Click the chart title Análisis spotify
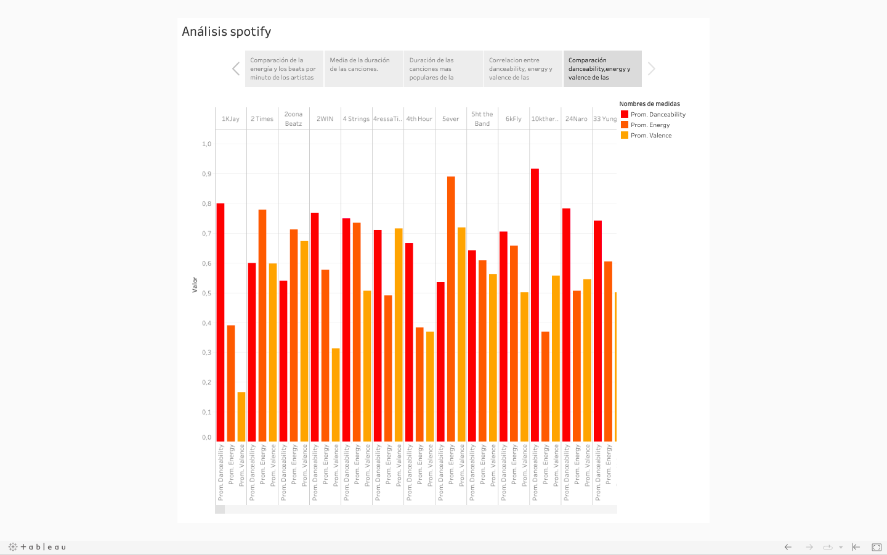pyautogui.click(x=226, y=31)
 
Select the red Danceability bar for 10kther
pyautogui.click(x=535, y=305)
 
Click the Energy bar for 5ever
pyautogui.click(x=451, y=308)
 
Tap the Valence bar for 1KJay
pyautogui.click(x=241, y=416)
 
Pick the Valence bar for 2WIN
pyautogui.click(x=336, y=395)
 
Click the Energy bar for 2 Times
pyautogui.click(x=262, y=325)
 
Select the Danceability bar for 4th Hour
pyautogui.click(x=409, y=342)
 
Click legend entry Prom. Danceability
pyautogui.click(x=657, y=115)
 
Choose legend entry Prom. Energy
pyautogui.click(x=649, y=125)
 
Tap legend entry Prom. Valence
pyautogui.click(x=650, y=136)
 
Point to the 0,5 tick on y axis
pyautogui.click(x=206, y=294)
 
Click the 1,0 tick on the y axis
pyautogui.click(x=206, y=144)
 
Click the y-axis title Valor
pyautogui.click(x=195, y=284)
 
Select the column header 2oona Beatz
pyautogui.click(x=293, y=119)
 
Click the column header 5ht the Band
pyautogui.click(x=482, y=119)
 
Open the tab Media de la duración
pyautogui.click(x=363, y=68)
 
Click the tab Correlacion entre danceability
pyautogui.click(x=522, y=68)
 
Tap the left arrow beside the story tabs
pyautogui.click(x=236, y=68)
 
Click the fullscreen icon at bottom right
pyautogui.click(x=877, y=547)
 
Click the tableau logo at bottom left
pyautogui.click(x=37, y=547)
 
